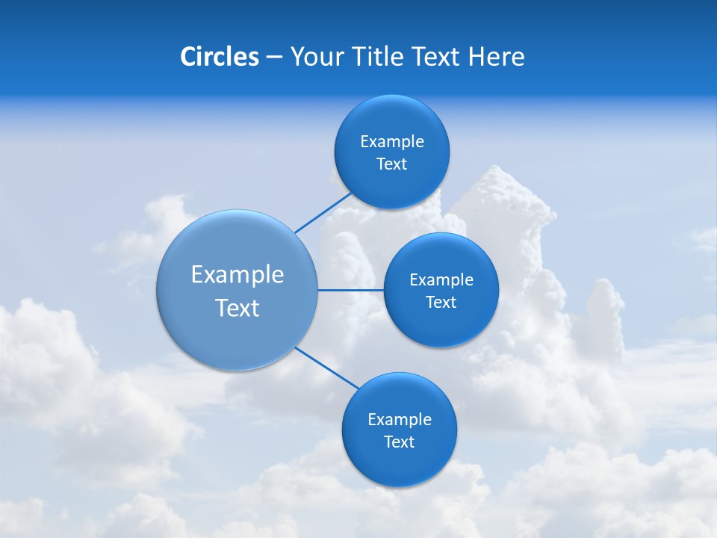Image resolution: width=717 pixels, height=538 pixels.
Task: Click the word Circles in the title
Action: click(220, 57)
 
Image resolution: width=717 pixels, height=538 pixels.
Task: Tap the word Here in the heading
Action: click(496, 57)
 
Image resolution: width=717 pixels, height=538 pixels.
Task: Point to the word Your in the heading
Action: click(316, 57)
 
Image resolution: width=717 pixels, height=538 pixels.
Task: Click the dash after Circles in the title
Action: click(274, 58)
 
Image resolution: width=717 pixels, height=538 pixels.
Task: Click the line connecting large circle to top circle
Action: click(323, 212)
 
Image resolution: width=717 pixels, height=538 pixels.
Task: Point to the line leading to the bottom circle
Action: click(326, 367)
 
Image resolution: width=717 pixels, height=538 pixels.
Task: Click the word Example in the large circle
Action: click(238, 275)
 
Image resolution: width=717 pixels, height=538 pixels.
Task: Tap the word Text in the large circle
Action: click(238, 308)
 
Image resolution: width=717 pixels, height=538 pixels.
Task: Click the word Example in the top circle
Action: click(392, 142)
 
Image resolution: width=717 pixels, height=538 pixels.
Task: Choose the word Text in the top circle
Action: click(391, 164)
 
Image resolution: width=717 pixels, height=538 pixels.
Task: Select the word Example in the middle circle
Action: click(441, 280)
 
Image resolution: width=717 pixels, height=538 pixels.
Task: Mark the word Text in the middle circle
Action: click(441, 303)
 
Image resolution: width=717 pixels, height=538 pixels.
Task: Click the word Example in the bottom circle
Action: click(400, 420)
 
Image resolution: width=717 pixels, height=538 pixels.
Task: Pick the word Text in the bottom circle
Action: click(399, 442)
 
